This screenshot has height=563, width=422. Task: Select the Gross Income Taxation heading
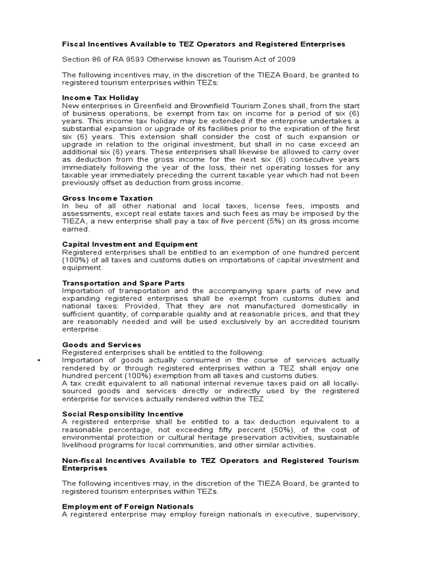[107, 198]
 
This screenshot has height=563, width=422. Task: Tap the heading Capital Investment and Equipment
[130, 244]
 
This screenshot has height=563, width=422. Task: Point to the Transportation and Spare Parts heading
[123, 283]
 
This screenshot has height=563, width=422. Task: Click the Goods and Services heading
[102, 345]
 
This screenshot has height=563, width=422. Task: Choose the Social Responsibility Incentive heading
[123, 413]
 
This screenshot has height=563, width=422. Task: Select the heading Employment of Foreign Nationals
[127, 506]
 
